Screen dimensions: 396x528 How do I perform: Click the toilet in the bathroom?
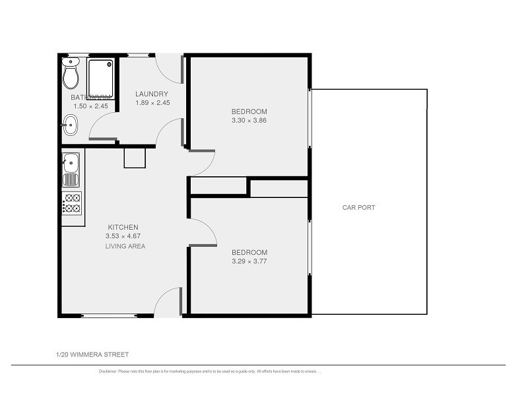click(x=71, y=74)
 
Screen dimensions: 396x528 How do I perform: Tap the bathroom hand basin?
click(x=70, y=125)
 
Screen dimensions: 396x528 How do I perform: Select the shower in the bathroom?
click(x=101, y=77)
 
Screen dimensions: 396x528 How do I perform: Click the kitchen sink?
click(x=71, y=169)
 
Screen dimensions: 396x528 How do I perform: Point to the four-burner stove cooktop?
click(x=71, y=203)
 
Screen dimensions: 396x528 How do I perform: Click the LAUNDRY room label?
click(x=152, y=94)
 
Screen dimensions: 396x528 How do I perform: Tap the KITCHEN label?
click(x=123, y=227)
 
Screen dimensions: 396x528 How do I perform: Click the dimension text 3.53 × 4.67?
click(x=123, y=236)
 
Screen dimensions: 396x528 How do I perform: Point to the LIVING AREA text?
click(x=125, y=246)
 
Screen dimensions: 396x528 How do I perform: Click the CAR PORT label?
click(x=358, y=207)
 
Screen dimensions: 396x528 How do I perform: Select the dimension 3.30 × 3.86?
click(x=249, y=120)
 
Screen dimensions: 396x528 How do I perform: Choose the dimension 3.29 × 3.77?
click(x=249, y=261)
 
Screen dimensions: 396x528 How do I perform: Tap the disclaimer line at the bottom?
click(x=209, y=372)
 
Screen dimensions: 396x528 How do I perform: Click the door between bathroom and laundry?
click(x=102, y=125)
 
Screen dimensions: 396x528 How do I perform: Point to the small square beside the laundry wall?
click(x=134, y=157)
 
